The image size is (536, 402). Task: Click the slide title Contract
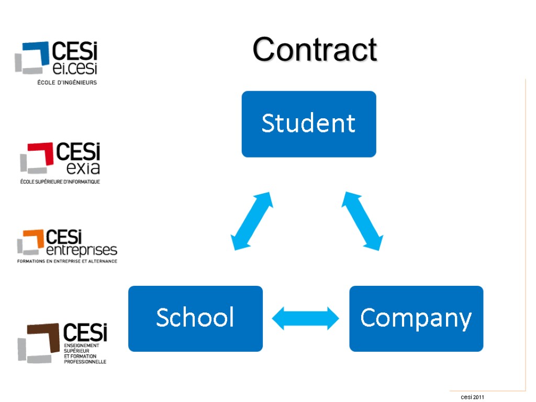click(315, 50)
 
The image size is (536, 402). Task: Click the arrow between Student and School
click(252, 220)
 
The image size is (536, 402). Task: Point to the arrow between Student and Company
click(363, 220)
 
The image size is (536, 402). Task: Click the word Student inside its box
click(308, 124)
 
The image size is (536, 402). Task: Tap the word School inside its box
click(195, 318)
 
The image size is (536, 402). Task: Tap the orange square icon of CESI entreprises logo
click(31, 241)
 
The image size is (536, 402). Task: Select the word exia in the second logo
click(83, 168)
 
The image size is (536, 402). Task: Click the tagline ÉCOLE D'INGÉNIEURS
click(66, 82)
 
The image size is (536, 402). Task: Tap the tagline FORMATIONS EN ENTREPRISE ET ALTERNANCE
click(67, 261)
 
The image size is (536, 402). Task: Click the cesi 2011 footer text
click(473, 397)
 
